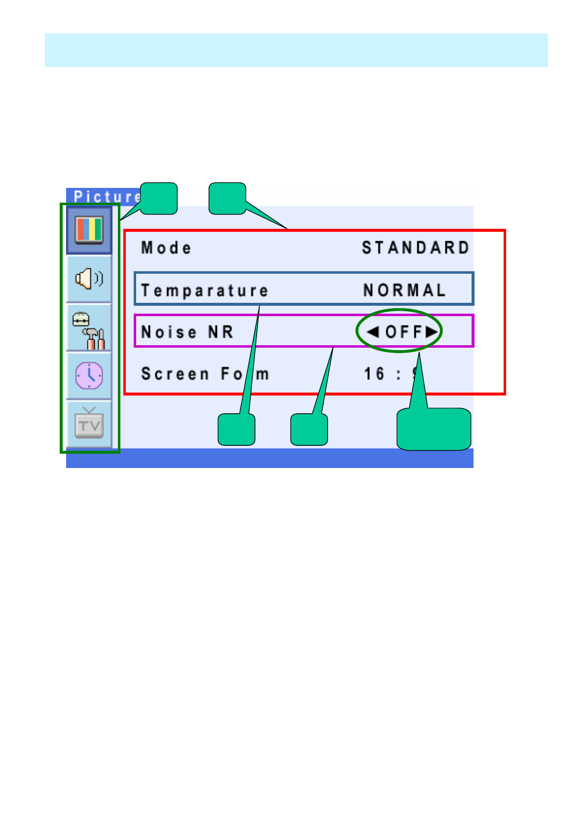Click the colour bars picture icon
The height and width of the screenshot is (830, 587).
click(x=89, y=230)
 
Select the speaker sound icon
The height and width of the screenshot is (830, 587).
click(x=89, y=279)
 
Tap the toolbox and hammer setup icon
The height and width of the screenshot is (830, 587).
click(x=89, y=327)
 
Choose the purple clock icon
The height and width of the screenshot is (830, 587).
click(x=89, y=376)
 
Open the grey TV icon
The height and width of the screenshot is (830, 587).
click(x=89, y=424)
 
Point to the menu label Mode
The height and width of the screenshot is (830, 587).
click(x=166, y=248)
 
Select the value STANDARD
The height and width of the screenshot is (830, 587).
click(x=415, y=248)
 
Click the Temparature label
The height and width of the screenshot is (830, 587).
click(x=205, y=290)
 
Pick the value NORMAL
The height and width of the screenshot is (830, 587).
click(x=404, y=290)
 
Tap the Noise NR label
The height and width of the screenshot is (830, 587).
click(x=187, y=332)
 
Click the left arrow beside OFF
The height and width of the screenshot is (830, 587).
click(x=373, y=332)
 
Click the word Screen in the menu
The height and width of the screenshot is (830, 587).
click(x=175, y=374)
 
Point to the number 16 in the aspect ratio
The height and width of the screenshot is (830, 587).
click(x=374, y=374)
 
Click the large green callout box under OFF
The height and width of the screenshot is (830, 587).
click(x=434, y=429)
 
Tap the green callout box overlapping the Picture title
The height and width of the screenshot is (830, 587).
click(x=159, y=198)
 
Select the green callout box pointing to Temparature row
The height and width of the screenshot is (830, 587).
click(x=236, y=430)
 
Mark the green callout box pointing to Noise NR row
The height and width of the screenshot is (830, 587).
click(x=309, y=430)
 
